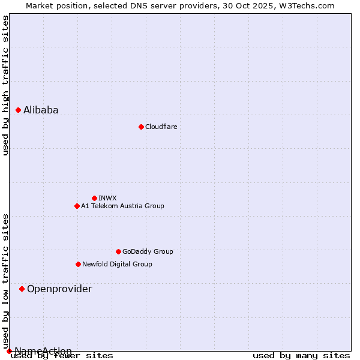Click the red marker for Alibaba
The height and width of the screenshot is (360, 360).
(18, 110)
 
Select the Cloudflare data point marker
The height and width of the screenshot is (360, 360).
(141, 127)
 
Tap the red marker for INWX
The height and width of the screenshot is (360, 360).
(94, 198)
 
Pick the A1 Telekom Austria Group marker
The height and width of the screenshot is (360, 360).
(77, 206)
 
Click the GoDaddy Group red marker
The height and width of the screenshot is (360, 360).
(118, 251)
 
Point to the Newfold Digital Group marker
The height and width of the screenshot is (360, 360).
(78, 264)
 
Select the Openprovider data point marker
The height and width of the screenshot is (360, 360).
(22, 289)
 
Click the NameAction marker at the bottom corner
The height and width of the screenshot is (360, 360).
(9, 351)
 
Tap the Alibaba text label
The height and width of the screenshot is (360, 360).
(41, 110)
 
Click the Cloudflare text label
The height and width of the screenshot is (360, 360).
(161, 127)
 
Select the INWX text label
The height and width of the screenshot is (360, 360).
(107, 198)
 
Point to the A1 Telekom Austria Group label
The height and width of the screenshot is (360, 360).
(122, 206)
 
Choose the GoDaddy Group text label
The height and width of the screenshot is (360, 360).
(148, 251)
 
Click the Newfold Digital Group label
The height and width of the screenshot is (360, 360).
(117, 264)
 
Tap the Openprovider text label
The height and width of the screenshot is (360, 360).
(59, 289)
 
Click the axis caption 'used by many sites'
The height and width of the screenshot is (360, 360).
(301, 356)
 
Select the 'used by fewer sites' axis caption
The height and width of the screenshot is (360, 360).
(62, 356)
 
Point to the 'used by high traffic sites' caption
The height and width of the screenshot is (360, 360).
(6, 85)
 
